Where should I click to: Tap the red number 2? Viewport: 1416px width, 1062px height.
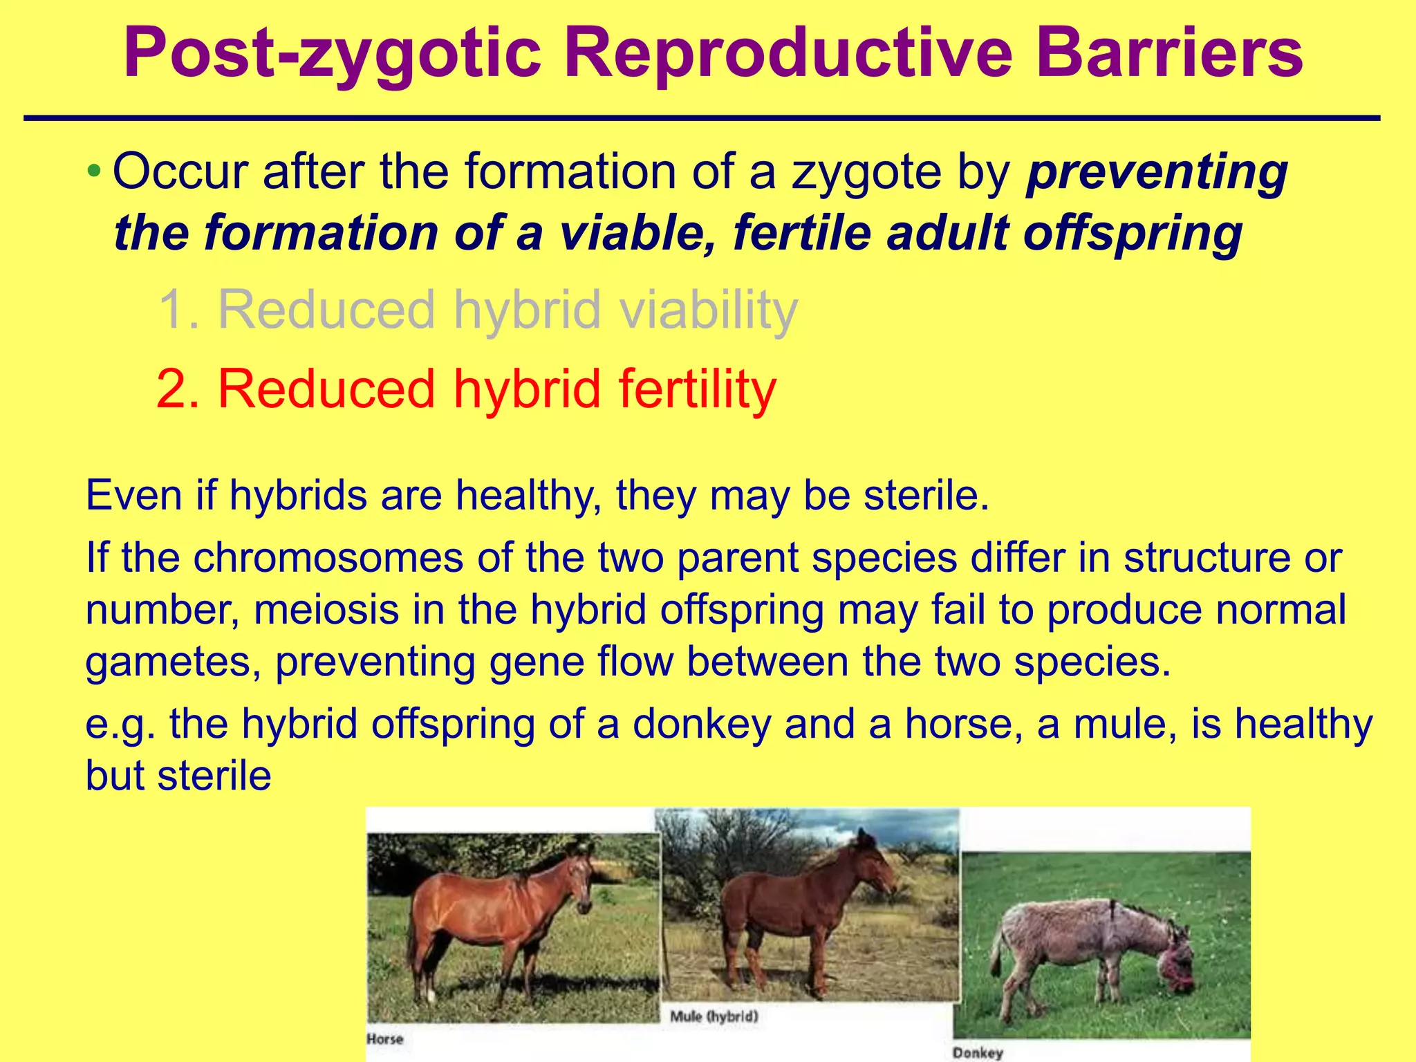[178, 389]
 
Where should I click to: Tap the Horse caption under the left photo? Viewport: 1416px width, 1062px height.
[384, 1038]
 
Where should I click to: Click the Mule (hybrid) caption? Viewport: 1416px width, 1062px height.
[714, 1016]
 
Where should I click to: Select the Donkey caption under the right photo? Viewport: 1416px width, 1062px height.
[977, 1052]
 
